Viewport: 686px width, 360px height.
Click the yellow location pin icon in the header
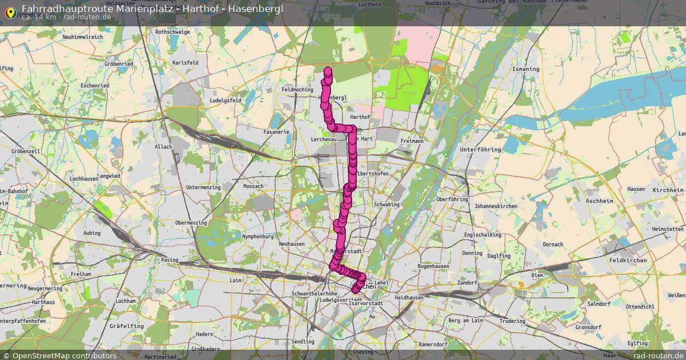click(10, 11)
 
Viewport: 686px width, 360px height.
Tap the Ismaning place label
click(526, 69)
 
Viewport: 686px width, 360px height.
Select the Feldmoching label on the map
click(297, 90)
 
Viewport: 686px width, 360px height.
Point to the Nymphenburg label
click(258, 236)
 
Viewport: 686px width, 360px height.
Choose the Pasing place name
click(170, 259)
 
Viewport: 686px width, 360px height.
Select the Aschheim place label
click(599, 201)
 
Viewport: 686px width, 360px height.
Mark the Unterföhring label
click(480, 150)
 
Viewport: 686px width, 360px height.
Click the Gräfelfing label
click(126, 326)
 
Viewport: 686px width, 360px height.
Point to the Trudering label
click(512, 321)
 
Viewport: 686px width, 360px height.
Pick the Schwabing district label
click(386, 204)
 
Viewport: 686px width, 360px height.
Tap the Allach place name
click(163, 147)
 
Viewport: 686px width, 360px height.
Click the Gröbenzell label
click(25, 151)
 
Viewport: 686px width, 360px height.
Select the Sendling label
click(303, 342)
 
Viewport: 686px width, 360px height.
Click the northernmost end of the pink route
click(328, 71)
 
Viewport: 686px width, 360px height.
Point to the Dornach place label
click(553, 245)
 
